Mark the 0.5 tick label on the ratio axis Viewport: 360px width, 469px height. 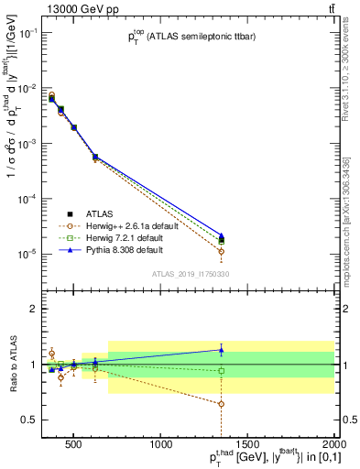32,420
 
